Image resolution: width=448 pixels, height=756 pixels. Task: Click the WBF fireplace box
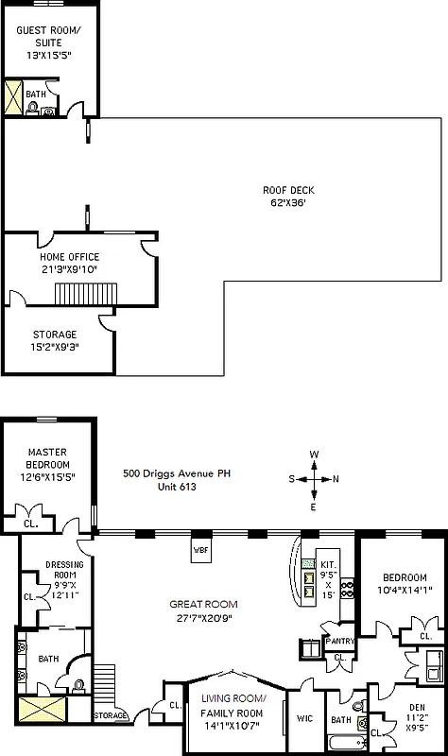click(x=201, y=550)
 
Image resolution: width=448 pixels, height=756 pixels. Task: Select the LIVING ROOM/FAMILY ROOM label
click(x=232, y=705)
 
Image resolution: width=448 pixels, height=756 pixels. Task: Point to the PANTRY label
click(x=340, y=641)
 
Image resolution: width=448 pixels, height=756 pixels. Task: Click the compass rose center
click(x=314, y=479)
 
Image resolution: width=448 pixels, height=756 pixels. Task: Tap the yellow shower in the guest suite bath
click(x=13, y=98)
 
